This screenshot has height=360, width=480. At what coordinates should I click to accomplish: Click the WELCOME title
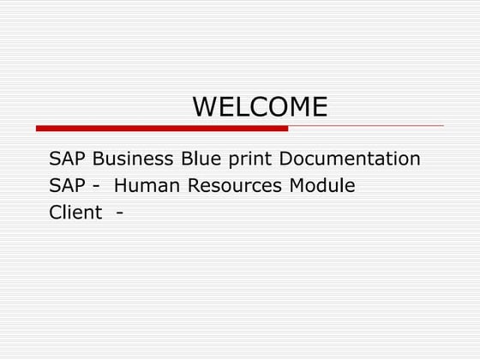tap(260, 106)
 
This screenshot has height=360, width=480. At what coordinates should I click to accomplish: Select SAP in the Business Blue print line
tap(67, 159)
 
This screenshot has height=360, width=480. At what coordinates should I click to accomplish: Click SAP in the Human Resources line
tap(67, 186)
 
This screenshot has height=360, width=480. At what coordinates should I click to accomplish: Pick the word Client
tap(75, 213)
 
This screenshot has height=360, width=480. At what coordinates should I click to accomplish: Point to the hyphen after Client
tap(117, 213)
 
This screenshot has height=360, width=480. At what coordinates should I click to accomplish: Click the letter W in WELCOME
tap(205, 106)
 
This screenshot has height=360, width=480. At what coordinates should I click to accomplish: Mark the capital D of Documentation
tap(287, 159)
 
